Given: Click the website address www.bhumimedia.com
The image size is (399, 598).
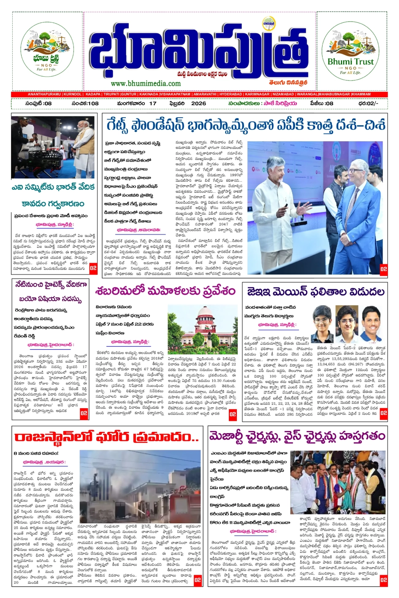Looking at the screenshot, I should pyautogui.click(x=146, y=84).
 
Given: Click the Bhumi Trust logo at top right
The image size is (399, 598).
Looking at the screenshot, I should pyautogui.click(x=350, y=50).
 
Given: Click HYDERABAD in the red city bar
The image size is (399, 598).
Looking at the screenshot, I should pyautogui.click(x=231, y=94).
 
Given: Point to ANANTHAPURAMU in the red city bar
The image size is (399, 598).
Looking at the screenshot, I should pyautogui.click(x=44, y=94).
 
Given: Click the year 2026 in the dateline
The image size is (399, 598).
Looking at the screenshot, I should pyautogui.click(x=198, y=103).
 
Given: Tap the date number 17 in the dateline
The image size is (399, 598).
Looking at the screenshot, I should pyautogui.click(x=152, y=103).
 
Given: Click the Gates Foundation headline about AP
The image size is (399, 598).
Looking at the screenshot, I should pyautogui.click(x=246, y=125).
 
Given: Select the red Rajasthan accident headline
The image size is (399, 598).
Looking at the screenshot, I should pyautogui.click(x=106, y=437).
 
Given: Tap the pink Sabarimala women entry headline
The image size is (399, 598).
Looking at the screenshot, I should pyautogui.click(x=165, y=291).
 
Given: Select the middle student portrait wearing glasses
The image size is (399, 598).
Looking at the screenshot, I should pyautogui.click(x=347, y=317).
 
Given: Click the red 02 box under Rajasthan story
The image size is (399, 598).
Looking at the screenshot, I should pyautogui.click(x=198, y=579).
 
